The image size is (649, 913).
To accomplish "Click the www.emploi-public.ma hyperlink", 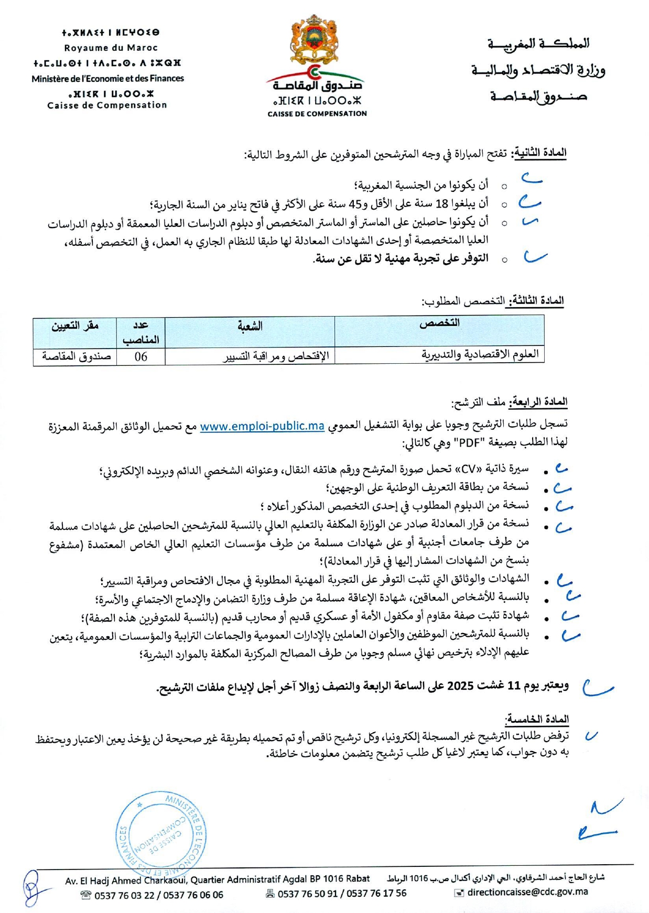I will [x=262, y=426].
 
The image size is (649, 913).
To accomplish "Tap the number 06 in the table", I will [x=141, y=357].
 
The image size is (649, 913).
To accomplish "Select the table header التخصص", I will [x=439, y=324].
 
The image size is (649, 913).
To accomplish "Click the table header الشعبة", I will [x=250, y=327].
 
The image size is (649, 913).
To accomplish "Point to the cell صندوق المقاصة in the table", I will [x=77, y=357].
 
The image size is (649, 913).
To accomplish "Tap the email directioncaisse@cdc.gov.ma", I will [x=527, y=892].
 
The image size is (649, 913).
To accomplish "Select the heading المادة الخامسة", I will [x=537, y=719].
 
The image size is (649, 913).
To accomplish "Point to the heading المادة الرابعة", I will [x=539, y=403].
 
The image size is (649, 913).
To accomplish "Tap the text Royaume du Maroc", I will [x=111, y=48].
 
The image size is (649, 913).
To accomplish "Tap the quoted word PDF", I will [x=470, y=443].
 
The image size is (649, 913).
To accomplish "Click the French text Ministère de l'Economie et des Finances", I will [x=108, y=79].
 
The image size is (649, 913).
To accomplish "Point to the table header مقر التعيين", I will [x=75, y=326].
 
